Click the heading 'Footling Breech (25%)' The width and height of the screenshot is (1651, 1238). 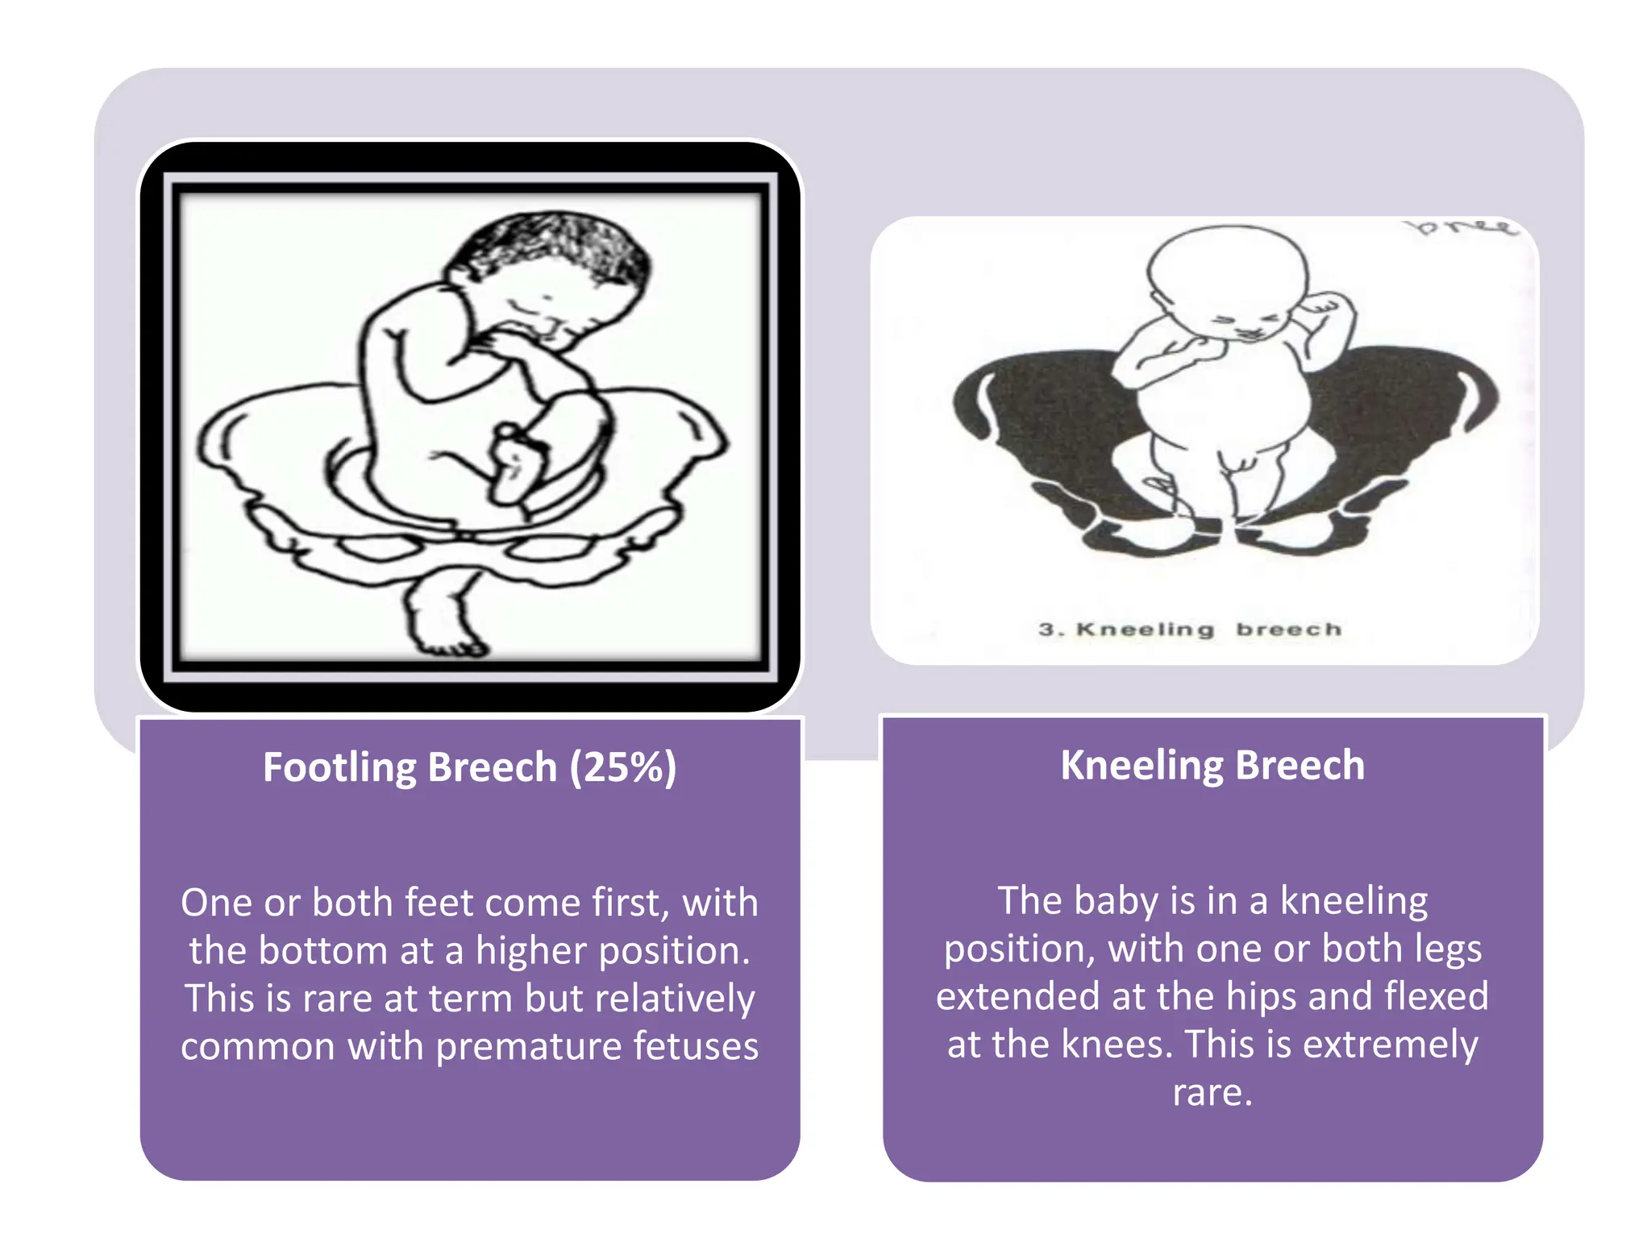(469, 766)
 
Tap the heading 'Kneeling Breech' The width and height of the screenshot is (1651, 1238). (1212, 765)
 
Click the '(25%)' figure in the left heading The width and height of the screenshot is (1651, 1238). (623, 767)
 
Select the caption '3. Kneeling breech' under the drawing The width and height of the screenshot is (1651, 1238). (1190, 629)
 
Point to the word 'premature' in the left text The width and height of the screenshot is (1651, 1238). (529, 1046)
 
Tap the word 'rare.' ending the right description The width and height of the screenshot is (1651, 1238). (1212, 1093)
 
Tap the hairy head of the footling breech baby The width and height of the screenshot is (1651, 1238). (556, 258)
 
